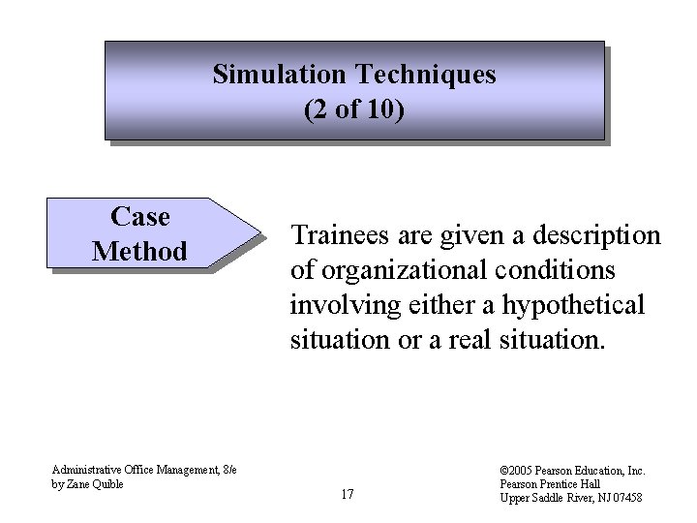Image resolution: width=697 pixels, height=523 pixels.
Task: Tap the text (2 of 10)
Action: (x=354, y=109)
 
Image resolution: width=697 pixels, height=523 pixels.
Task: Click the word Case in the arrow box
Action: (x=140, y=215)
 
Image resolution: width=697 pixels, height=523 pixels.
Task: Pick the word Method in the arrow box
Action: (x=139, y=251)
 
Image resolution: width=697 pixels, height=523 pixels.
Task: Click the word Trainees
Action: (x=338, y=235)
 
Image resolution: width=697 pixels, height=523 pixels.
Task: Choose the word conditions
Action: (x=562, y=270)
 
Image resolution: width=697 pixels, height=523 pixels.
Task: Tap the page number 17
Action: (x=348, y=495)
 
